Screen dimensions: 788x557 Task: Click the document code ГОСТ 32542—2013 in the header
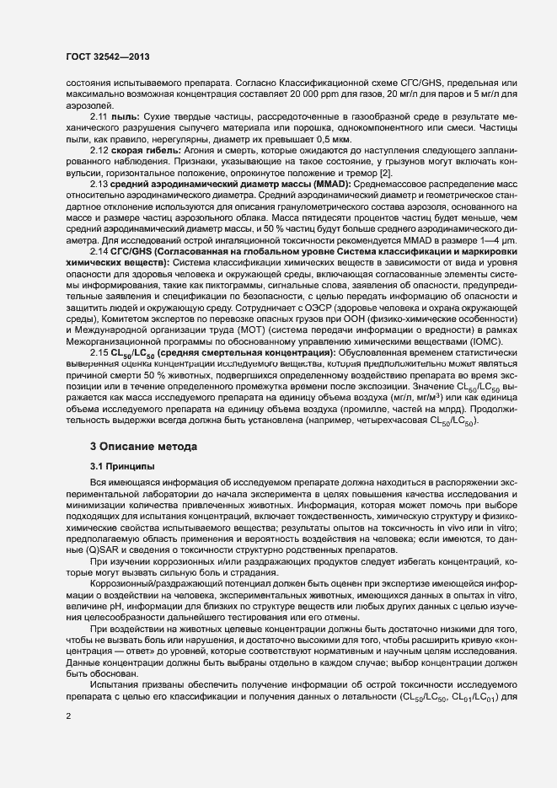point(109,58)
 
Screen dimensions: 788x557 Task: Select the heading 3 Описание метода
point(145,444)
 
